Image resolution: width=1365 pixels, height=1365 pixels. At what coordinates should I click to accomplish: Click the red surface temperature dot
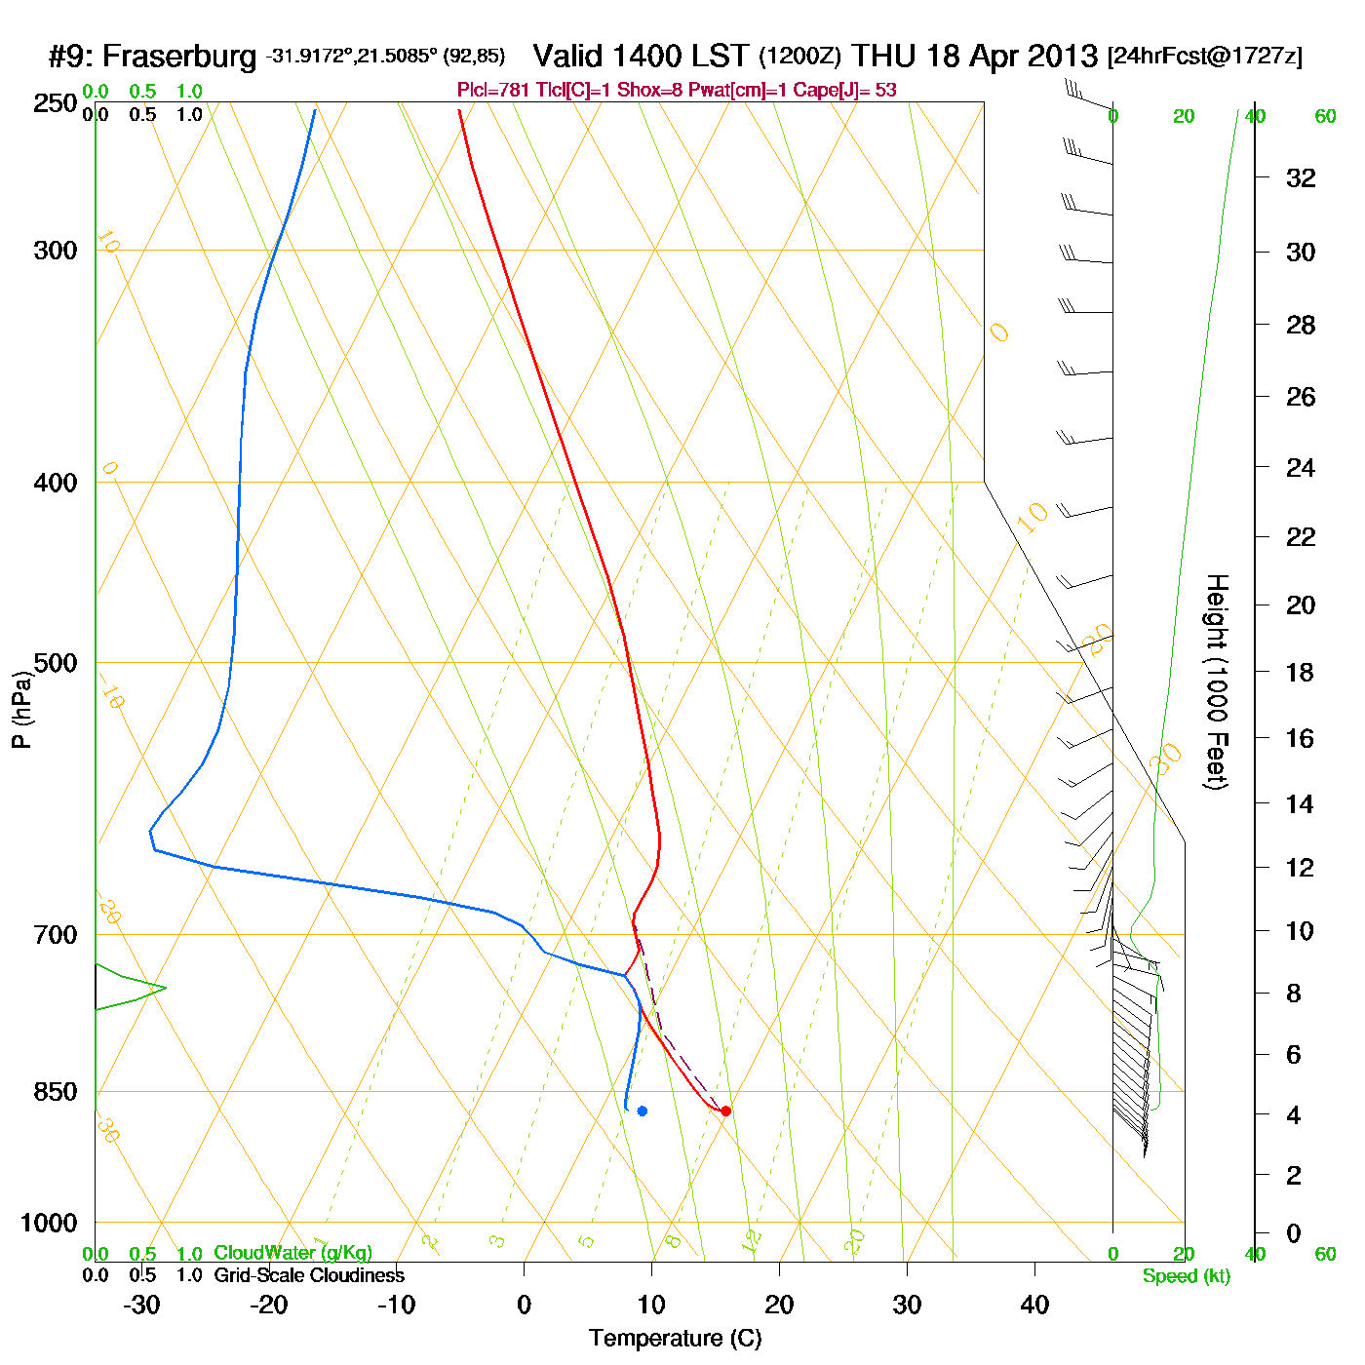pos(725,1111)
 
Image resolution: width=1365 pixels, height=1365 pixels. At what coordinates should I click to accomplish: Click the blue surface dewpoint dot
pos(642,1111)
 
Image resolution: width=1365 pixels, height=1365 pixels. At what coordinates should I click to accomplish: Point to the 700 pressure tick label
pos(55,935)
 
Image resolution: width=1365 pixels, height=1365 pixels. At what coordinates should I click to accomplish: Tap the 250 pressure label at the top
pos(55,103)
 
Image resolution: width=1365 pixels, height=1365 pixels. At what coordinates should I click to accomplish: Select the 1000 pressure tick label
pos(49,1223)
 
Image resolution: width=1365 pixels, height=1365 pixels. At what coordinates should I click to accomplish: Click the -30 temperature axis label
pos(141,1305)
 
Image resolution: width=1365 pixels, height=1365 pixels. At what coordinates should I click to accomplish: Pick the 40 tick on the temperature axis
pos(1034,1305)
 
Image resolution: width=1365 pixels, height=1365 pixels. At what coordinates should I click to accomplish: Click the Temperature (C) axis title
pos(675,1339)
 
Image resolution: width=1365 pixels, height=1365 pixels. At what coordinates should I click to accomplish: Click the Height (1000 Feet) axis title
pos(1217,682)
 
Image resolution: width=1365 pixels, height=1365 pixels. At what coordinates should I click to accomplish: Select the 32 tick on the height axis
pos(1301,177)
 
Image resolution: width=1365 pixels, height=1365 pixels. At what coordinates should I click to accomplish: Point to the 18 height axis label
pos(1300,672)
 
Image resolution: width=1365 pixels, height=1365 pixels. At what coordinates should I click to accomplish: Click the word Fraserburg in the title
pos(179,57)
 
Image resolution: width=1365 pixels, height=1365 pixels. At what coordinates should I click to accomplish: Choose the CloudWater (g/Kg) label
pos(292,1253)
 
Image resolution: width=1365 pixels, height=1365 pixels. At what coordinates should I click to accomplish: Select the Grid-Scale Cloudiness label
pos(309,1275)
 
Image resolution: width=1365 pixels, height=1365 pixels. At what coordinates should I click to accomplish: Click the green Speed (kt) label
pos(1187,1276)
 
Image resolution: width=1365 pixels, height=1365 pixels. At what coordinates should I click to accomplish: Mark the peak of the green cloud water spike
pos(165,988)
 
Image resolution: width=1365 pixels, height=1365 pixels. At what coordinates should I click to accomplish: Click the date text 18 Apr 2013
pos(1012,57)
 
